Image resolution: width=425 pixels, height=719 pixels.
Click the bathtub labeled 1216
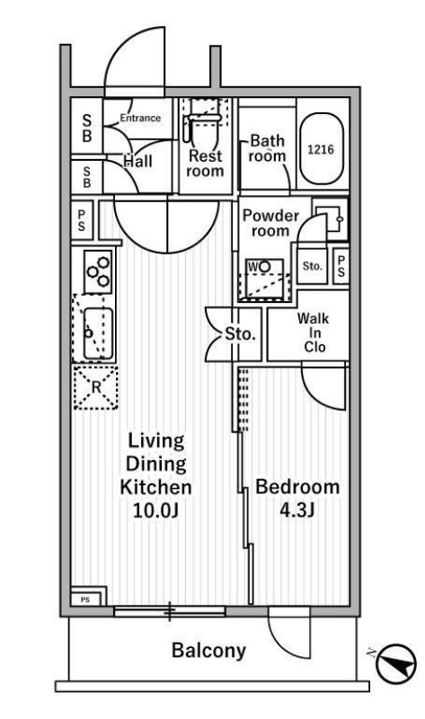point(321,149)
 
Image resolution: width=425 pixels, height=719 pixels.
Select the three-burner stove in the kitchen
point(99,271)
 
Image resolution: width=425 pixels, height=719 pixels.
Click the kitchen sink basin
point(98,333)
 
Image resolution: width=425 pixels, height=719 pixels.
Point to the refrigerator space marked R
point(96,387)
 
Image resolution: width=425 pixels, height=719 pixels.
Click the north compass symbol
point(396,662)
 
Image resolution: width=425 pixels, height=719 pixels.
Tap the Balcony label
point(209,650)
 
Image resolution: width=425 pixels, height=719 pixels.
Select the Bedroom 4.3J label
point(297,498)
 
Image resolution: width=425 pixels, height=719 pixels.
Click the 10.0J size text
point(155,510)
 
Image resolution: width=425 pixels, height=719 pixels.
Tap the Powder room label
point(270,223)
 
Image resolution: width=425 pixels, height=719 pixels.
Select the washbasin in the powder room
point(331,219)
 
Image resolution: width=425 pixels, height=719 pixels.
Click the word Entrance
point(140,118)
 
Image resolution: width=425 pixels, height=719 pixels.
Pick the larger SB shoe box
point(86,129)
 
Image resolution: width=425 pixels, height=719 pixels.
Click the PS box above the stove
point(82,220)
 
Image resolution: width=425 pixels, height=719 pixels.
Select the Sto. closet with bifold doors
point(234,333)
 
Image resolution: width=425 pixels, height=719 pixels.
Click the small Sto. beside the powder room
point(312,266)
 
